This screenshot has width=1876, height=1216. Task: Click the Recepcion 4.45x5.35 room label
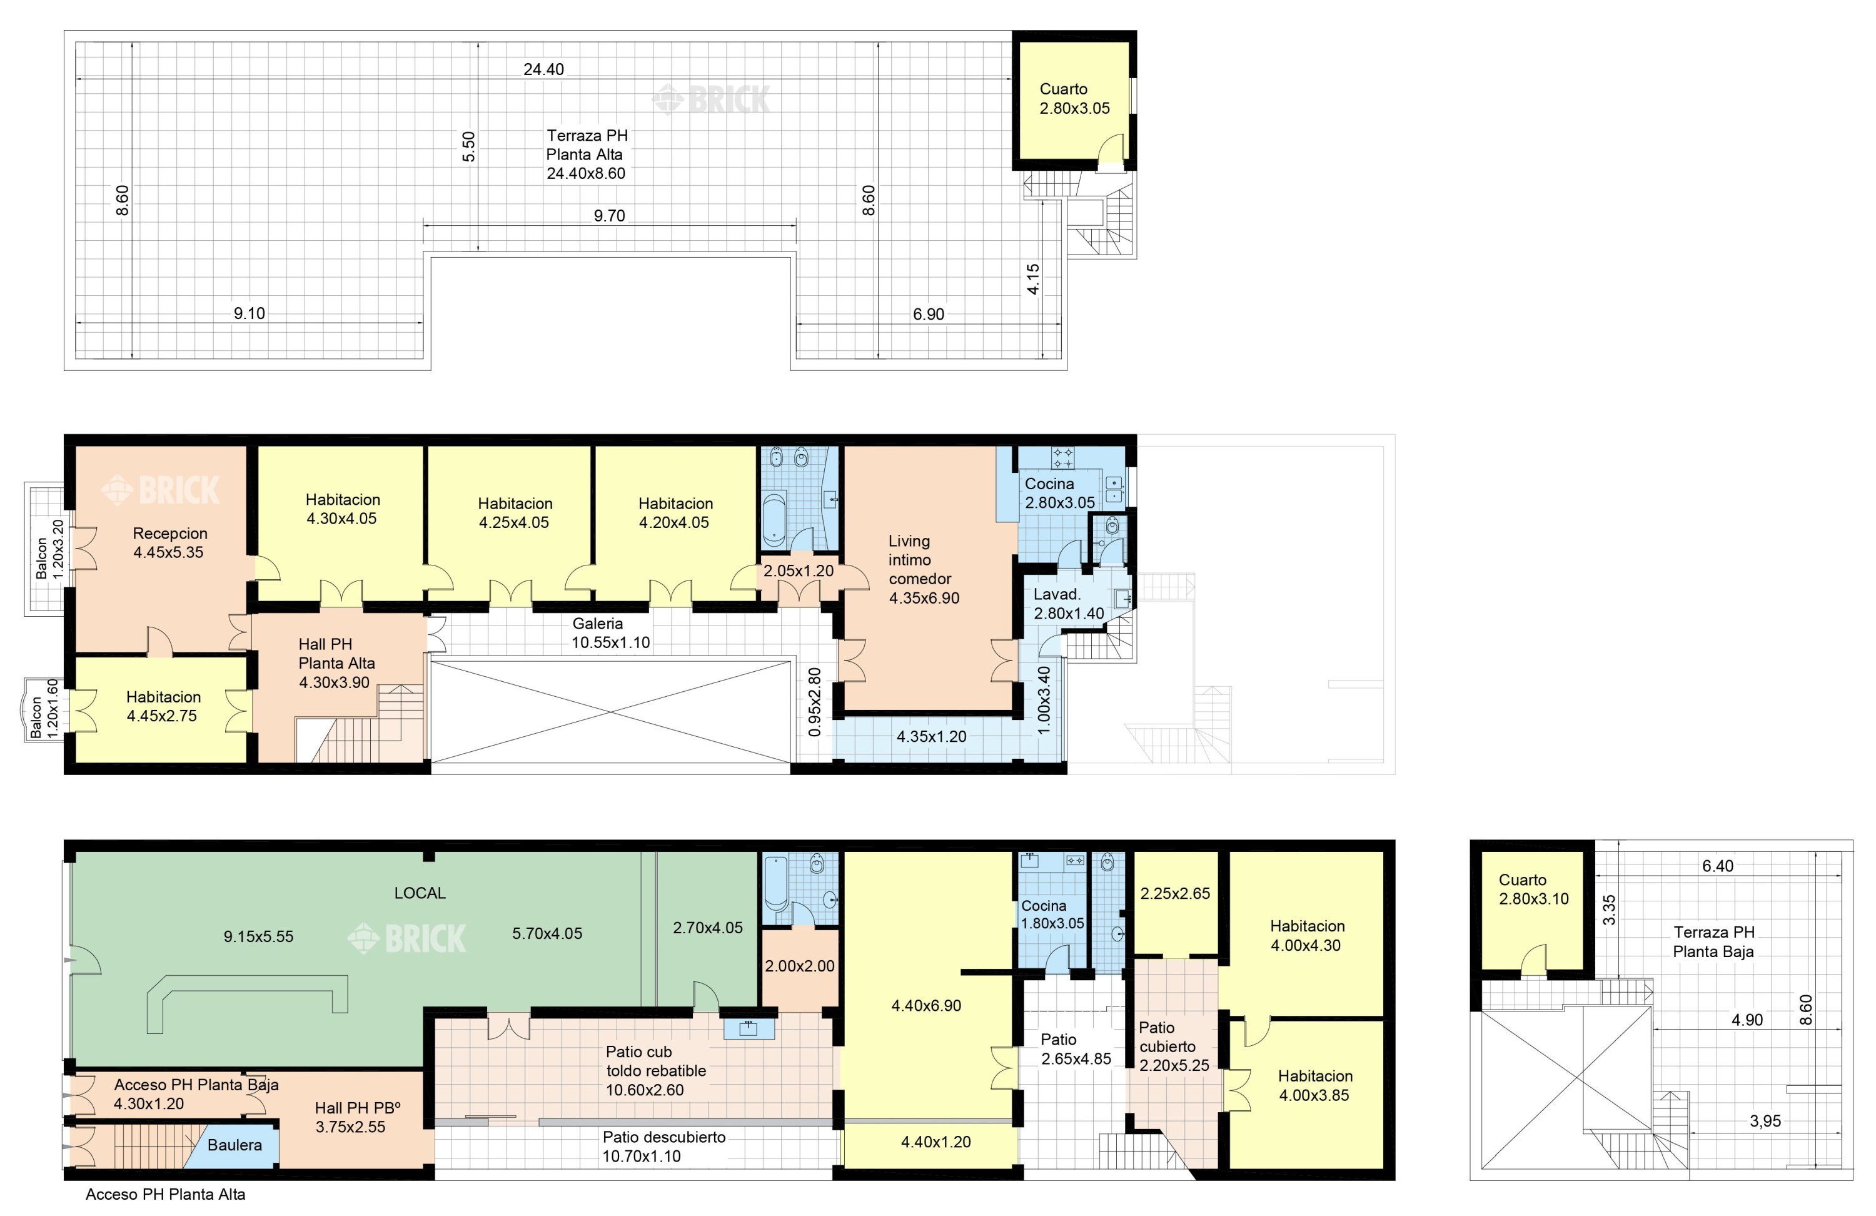click(x=169, y=542)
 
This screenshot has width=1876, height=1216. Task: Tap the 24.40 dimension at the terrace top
click(x=544, y=69)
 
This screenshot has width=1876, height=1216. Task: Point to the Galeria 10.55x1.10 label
click(x=610, y=633)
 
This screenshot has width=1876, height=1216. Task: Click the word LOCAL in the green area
click(x=420, y=893)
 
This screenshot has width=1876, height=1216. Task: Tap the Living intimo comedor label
click(x=924, y=569)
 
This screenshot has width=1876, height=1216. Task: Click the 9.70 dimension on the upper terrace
click(x=609, y=215)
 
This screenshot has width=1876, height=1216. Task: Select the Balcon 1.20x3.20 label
click(x=49, y=549)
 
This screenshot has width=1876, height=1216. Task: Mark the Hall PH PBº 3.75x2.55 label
click(x=357, y=1117)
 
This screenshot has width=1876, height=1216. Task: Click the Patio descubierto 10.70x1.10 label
click(x=663, y=1147)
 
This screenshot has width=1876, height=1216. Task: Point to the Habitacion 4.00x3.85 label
click(x=1315, y=1085)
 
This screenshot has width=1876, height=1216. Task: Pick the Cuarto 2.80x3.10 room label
click(x=1533, y=889)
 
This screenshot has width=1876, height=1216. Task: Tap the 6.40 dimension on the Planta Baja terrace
click(x=1718, y=866)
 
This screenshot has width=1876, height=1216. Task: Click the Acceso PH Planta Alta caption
click(x=166, y=1194)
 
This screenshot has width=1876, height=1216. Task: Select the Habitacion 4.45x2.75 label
click(x=163, y=707)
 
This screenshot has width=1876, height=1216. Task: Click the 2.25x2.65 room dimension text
click(x=1174, y=893)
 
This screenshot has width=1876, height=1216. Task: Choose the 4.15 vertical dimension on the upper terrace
click(x=1034, y=279)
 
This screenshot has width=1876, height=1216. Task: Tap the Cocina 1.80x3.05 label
click(x=1052, y=915)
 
